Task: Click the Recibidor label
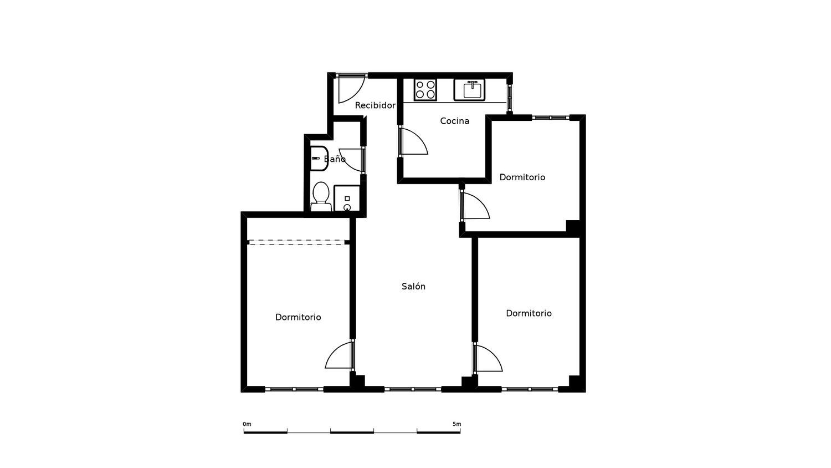(x=375, y=105)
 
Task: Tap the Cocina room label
(x=454, y=121)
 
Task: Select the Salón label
(x=413, y=286)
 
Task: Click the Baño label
(x=335, y=159)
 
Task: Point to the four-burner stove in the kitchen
(x=425, y=89)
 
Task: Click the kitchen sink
(x=469, y=89)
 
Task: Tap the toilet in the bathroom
(x=321, y=196)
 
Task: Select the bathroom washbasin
(x=319, y=158)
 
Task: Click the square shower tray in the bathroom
(x=347, y=199)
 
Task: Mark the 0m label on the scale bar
(x=247, y=424)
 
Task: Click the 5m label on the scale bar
(x=456, y=424)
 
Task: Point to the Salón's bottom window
(x=413, y=389)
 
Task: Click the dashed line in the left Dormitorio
(x=297, y=242)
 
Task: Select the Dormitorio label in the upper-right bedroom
(x=522, y=177)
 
